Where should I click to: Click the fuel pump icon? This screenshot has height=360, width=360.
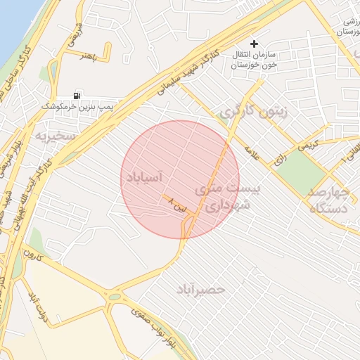pyautogui.click(x=77, y=95)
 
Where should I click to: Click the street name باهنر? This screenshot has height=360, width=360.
pyautogui.click(x=87, y=56)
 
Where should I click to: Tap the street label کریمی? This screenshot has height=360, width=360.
pyautogui.click(x=307, y=145)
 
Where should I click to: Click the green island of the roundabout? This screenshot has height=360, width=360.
pyautogui.click(x=114, y=297)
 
